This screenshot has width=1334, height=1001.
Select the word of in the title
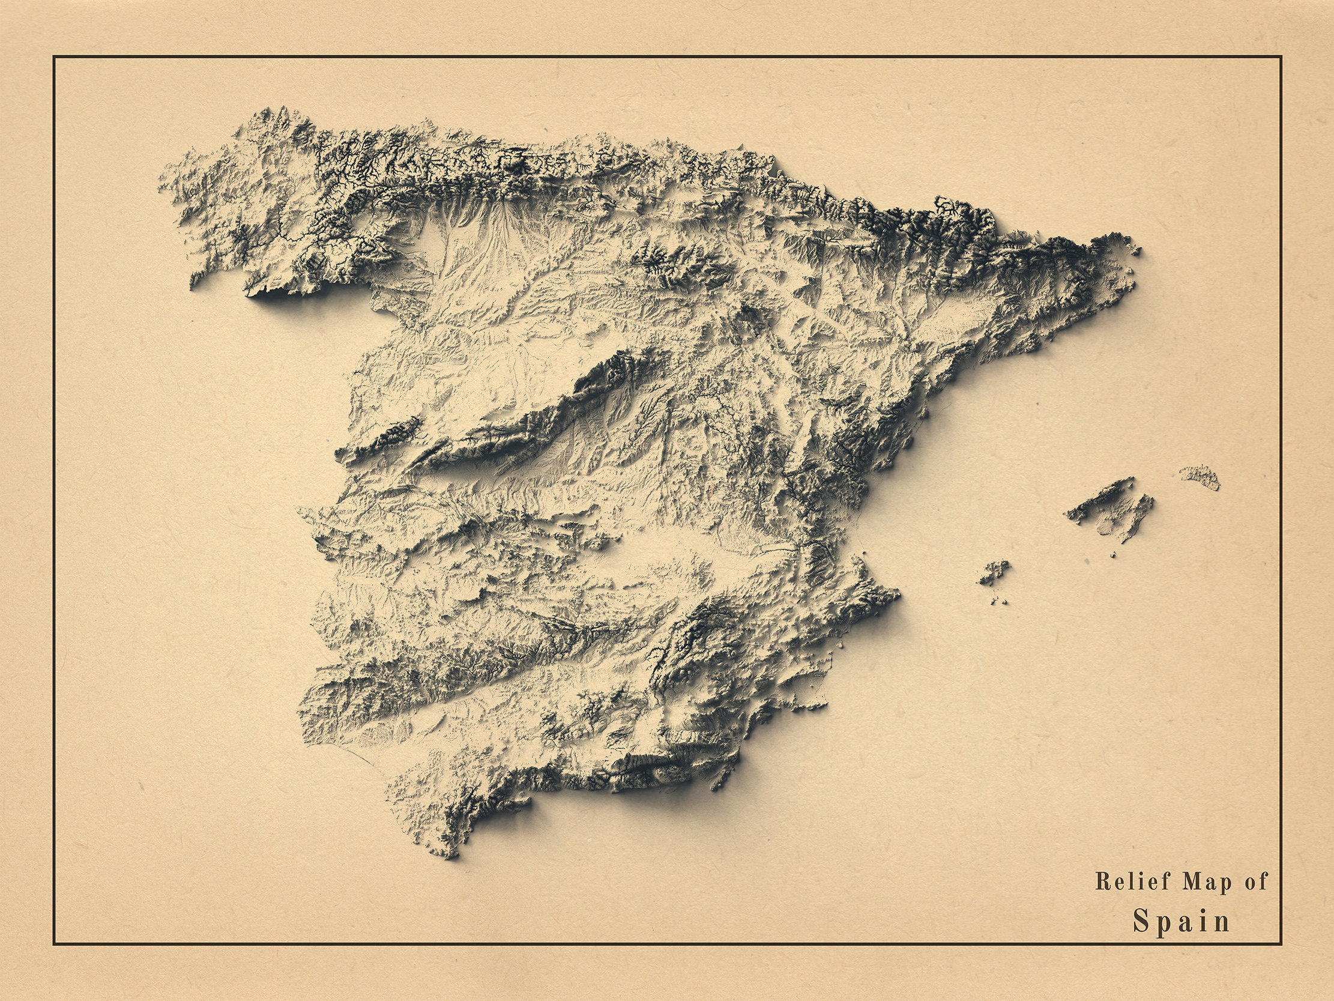coord(1256,882)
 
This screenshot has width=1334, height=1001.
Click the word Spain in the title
coord(1182,921)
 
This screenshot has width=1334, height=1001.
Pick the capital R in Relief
coord(1102,882)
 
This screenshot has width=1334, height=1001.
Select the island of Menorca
coord(1200,476)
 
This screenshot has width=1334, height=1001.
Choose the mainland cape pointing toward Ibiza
coord(899,594)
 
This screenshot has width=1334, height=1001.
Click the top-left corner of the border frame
coord(53,56)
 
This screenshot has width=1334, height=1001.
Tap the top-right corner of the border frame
coord(1281,56)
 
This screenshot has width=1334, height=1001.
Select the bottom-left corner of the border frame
coord(53,945)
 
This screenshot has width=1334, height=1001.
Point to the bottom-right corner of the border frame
coord(1281,945)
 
